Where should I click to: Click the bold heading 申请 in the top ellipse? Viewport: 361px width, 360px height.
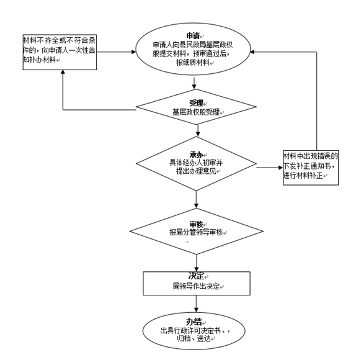pyautogui.click(x=193, y=36)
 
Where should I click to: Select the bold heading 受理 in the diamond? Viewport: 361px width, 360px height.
pyautogui.click(x=196, y=103)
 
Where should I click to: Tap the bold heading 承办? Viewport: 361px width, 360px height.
pyautogui.click(x=196, y=155)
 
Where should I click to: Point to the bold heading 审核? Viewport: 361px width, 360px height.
pyautogui.click(x=196, y=224)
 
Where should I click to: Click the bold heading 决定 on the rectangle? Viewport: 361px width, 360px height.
pyautogui.click(x=197, y=276)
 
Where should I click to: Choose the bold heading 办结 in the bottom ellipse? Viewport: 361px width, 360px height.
pyautogui.click(x=194, y=322)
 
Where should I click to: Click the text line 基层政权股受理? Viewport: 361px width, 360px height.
pyautogui.click(x=196, y=112)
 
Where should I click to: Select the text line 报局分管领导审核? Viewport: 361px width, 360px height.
pyautogui.click(x=196, y=232)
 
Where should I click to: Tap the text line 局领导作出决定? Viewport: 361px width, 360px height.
pyautogui.click(x=196, y=286)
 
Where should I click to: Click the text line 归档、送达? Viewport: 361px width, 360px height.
pyautogui.click(x=194, y=338)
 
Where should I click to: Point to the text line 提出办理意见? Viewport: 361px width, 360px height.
pyautogui.click(x=196, y=171)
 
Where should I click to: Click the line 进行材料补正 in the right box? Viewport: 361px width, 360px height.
pyautogui.click(x=303, y=176)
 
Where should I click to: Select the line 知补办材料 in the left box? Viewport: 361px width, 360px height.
pyautogui.click(x=39, y=60)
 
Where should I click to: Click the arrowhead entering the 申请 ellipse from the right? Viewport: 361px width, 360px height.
pyautogui.click(x=252, y=52)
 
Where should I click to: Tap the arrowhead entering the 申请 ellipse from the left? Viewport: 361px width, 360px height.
pyautogui.click(x=134, y=52)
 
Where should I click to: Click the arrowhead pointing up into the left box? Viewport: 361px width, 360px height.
pyautogui.click(x=63, y=72)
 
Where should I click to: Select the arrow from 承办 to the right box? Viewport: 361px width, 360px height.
pyautogui.click(x=270, y=168)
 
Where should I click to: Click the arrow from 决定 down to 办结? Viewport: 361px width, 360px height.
pyautogui.click(x=196, y=304)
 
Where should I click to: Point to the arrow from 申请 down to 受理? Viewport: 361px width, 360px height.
pyautogui.click(x=194, y=83)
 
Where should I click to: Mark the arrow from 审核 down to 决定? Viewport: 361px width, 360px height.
pyautogui.click(x=196, y=263)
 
